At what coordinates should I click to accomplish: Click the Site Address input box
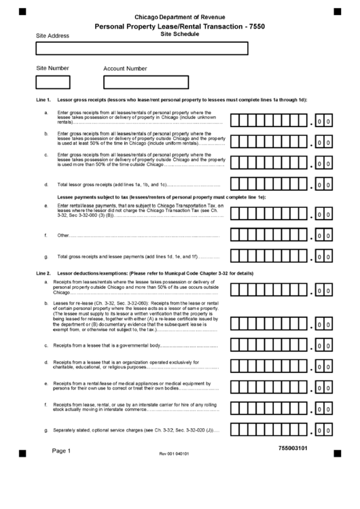141,48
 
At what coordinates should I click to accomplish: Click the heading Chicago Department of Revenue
180,16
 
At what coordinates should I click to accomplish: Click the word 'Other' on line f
63,236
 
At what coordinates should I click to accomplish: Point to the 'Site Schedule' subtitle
180,33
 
